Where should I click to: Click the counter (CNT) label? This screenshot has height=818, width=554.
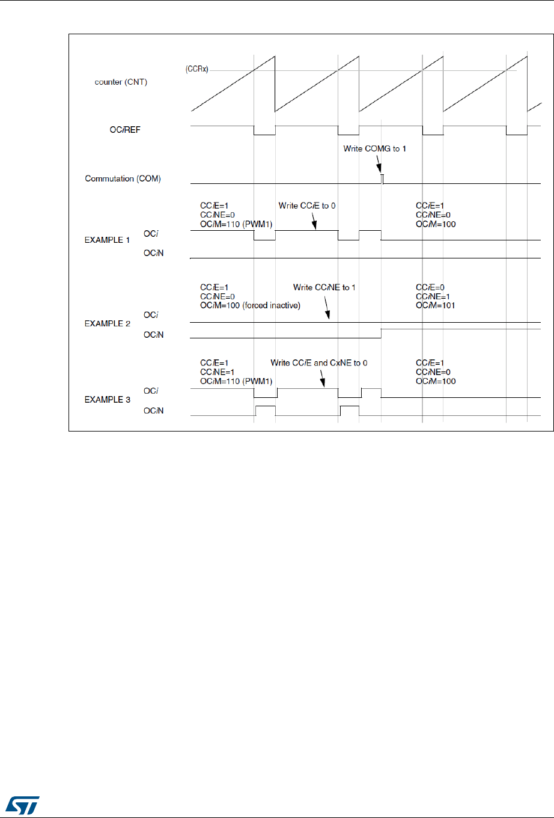[121, 82]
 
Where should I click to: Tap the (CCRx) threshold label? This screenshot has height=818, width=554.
[196, 70]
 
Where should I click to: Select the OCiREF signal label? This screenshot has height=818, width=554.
[125, 130]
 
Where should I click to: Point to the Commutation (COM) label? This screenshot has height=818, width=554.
[123, 179]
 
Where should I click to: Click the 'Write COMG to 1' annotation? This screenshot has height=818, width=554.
[374, 148]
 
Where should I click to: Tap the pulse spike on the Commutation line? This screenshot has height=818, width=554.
[382, 178]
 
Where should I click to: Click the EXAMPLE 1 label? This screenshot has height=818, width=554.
[107, 240]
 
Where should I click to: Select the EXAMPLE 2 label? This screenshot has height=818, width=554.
[107, 323]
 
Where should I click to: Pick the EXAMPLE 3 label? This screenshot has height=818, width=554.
[107, 399]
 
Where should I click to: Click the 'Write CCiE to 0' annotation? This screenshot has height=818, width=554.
[307, 206]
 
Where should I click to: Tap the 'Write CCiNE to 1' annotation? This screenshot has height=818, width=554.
[324, 287]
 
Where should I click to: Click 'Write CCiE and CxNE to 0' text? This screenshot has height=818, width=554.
[318, 363]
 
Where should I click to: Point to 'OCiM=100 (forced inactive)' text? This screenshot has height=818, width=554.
[250, 305]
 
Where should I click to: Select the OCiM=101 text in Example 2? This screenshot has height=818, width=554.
[436, 305]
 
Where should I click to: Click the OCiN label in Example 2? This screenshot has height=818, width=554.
[153, 335]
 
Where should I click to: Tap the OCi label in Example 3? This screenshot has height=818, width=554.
[150, 391]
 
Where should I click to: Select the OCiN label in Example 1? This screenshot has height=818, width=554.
[153, 253]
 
